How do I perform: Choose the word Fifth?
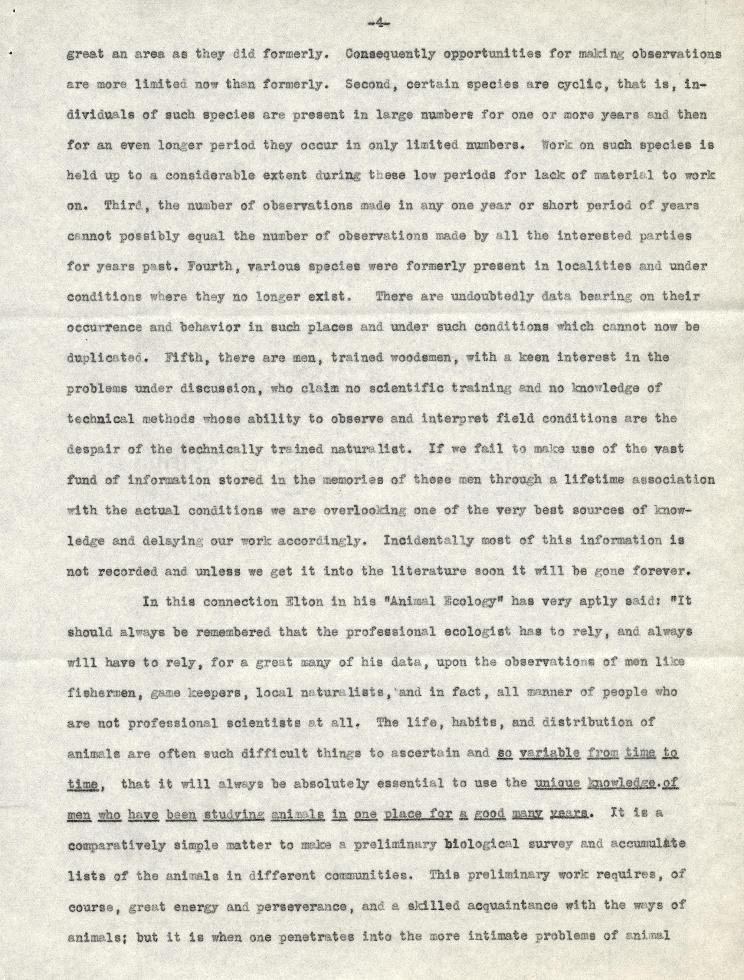click(x=185, y=357)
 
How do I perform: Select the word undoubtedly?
click(x=492, y=296)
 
